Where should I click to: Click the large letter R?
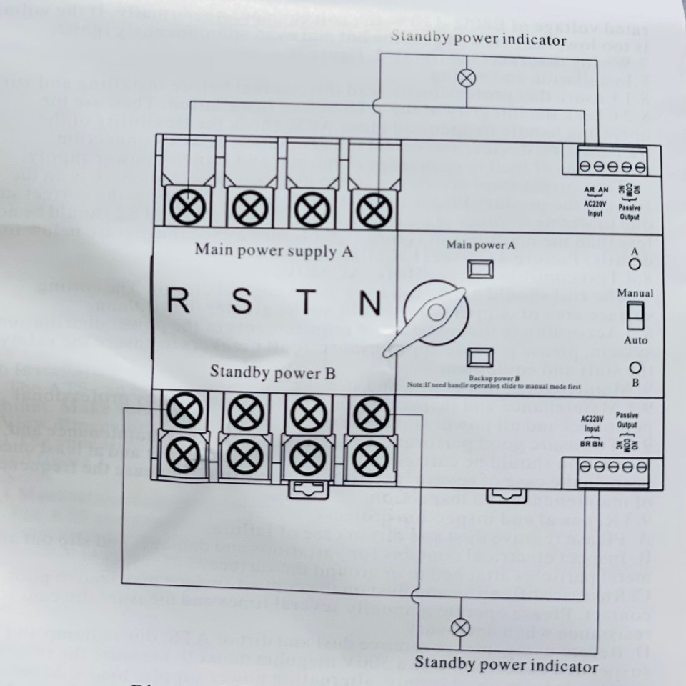179,302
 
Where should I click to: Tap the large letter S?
242,302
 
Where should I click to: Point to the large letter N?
369,304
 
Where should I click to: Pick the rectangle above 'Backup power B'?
479,357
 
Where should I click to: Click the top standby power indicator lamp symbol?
466,78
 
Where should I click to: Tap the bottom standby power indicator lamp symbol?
462,627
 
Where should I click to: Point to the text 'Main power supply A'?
274,251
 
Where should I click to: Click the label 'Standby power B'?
273,372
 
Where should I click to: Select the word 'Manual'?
635,294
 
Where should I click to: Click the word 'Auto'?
635,340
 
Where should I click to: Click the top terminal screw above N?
371,209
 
